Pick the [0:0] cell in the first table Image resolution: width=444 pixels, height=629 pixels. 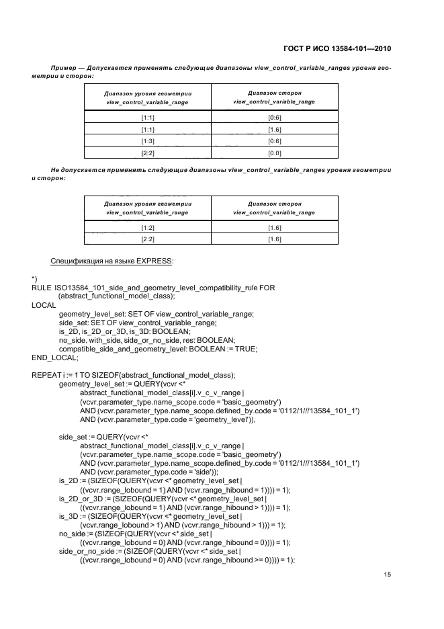[274, 154]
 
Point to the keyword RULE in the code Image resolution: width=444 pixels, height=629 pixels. [41, 288]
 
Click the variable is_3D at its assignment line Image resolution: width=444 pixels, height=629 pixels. [71, 515]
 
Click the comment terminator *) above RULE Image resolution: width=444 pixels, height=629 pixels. [34, 278]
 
